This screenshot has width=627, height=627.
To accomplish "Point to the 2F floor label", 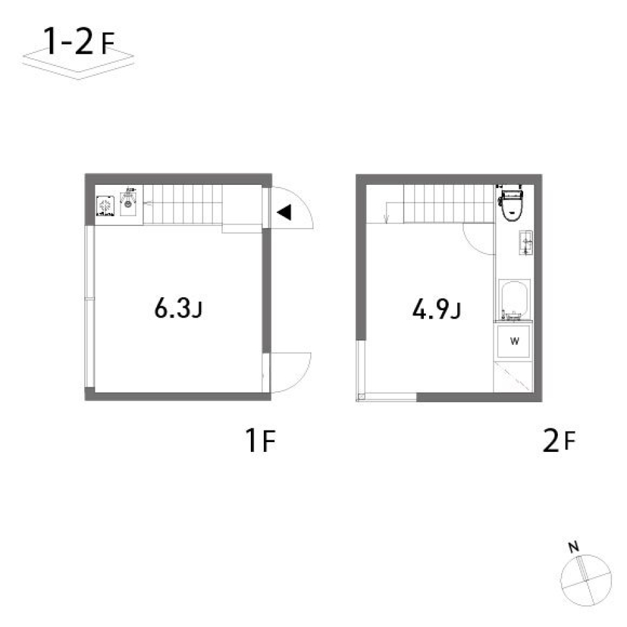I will click(x=558, y=442).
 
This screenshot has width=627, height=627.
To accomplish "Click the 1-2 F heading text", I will click(x=78, y=43).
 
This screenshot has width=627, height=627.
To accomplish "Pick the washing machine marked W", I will click(x=514, y=341).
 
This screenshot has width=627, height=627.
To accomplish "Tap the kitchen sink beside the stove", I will click(x=129, y=203).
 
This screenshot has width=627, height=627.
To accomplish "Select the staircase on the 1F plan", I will click(x=183, y=204).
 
